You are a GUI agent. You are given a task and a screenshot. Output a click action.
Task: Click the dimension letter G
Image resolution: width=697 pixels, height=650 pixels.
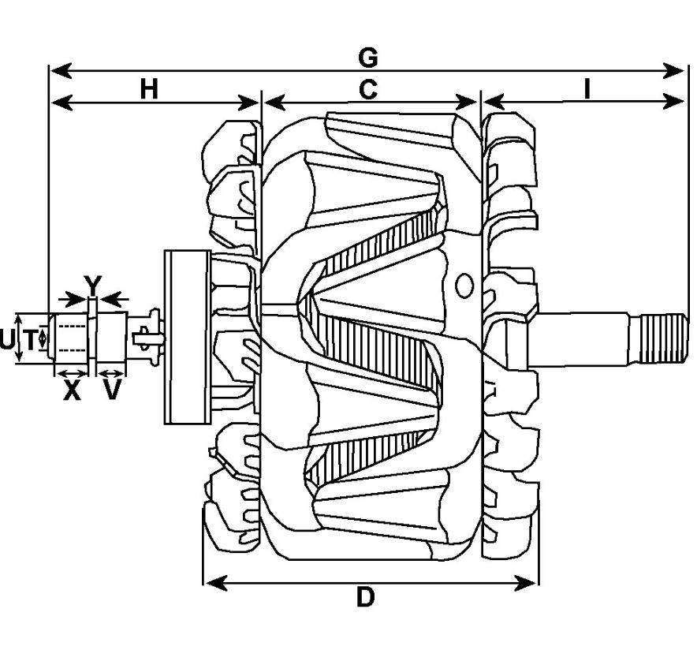(368, 58)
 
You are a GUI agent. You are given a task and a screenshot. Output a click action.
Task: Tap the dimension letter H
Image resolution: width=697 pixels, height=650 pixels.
(149, 89)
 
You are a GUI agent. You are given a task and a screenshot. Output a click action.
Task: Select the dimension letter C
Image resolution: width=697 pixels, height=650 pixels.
(368, 89)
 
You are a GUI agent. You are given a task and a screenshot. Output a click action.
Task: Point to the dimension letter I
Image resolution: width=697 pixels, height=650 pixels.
(587, 89)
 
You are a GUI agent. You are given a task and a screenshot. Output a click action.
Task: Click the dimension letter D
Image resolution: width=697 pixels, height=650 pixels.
(365, 597)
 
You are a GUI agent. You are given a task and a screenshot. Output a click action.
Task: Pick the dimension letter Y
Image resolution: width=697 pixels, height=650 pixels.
(93, 285)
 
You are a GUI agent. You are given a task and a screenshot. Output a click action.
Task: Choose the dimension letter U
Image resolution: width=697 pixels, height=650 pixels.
(6, 340)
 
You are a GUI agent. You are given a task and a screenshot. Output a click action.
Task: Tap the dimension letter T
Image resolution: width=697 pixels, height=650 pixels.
(30, 341)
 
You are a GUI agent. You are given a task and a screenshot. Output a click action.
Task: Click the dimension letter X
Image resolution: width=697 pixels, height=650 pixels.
(72, 390)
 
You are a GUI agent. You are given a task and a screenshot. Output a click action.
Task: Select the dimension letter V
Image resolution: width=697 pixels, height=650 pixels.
(112, 390)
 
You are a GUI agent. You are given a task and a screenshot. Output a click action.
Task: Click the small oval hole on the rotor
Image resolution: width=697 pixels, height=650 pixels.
(464, 286)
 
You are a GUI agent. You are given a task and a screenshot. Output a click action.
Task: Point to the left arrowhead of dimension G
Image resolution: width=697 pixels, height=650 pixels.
(61, 70)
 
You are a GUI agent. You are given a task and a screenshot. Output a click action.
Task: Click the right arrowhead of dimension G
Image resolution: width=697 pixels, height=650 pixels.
(673, 70)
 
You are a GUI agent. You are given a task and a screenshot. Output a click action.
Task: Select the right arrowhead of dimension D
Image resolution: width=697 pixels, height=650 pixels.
(525, 583)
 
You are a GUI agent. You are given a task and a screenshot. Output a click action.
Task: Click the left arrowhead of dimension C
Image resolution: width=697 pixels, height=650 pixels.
(274, 103)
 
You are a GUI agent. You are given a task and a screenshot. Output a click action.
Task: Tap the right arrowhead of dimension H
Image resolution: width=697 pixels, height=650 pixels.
(249, 103)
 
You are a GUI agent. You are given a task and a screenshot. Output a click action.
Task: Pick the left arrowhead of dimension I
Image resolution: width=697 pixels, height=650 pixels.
(494, 102)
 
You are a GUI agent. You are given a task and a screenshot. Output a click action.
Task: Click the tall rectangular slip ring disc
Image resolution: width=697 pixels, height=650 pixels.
(187, 337)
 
